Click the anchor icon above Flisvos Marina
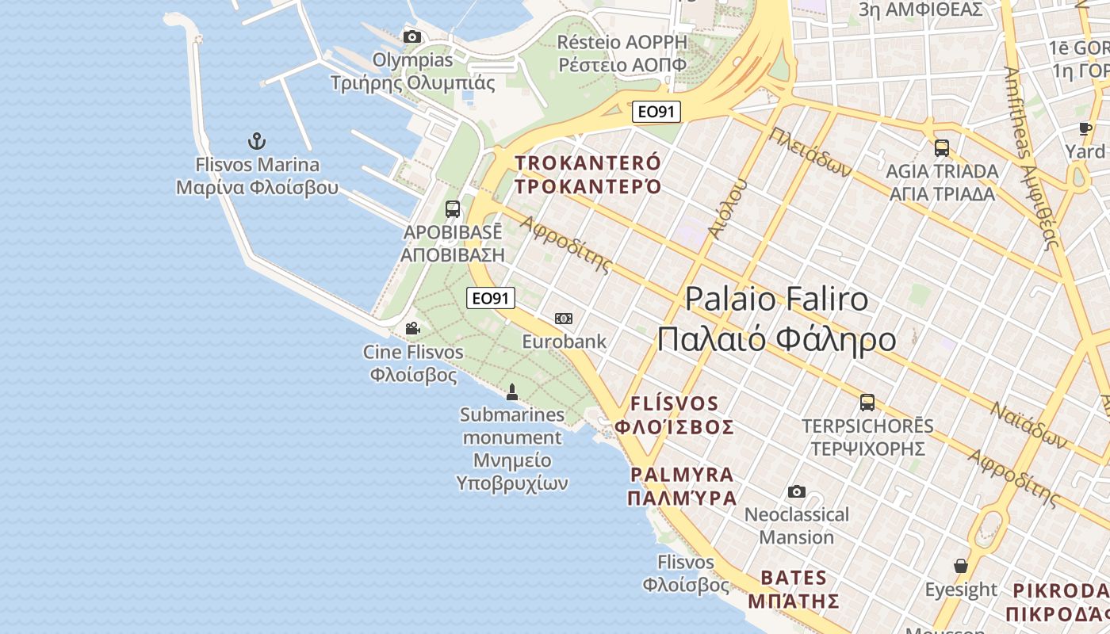256,142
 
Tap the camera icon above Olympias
412,36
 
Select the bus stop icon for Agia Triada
942,148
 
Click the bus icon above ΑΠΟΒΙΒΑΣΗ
453,209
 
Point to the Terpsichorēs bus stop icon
867,403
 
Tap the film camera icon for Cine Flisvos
412,328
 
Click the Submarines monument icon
512,391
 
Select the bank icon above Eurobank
564,319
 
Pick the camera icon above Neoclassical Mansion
797,492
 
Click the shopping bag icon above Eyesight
961,566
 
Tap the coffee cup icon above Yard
1085,128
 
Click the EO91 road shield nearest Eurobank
491,298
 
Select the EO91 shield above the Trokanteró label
656,112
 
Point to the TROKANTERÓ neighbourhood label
588,174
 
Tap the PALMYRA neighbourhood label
683,486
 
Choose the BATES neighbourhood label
800,588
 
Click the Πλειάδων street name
810,153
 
